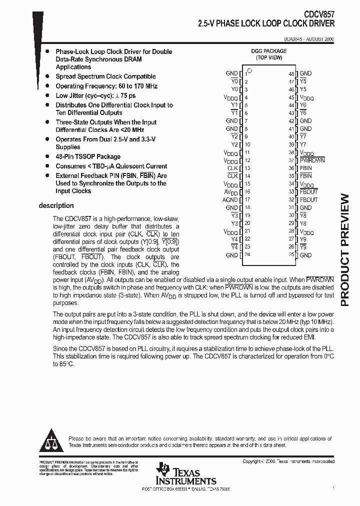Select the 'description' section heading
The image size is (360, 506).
coord(56,205)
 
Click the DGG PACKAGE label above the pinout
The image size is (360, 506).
coord(269,51)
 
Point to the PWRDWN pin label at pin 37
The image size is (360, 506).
coord(312,160)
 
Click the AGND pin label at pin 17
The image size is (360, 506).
coord(230,200)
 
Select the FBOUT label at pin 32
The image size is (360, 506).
coord(308,200)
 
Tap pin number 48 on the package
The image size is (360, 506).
coord(291,73)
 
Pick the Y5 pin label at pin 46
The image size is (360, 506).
coord(303,89)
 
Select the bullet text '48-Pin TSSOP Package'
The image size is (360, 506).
coord(88,156)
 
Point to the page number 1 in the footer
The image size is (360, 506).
coord(333,487)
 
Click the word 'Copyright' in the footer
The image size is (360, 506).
coord(253,461)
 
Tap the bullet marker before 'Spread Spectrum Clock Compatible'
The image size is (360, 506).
coord(47,76)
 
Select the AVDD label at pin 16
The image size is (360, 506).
coord(231,192)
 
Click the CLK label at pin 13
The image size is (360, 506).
coord(232,168)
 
